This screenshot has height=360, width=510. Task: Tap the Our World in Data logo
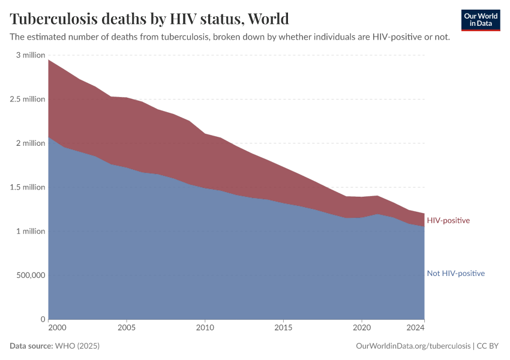(x=480, y=20)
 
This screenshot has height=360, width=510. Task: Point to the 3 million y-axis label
(x=30, y=55)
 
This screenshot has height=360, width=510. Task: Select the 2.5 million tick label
(x=28, y=99)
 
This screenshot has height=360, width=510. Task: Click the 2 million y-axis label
(x=30, y=143)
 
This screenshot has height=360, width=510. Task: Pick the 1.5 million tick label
(x=28, y=187)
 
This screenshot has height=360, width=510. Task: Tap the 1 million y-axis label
(x=30, y=232)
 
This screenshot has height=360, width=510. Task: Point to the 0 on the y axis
(x=43, y=319)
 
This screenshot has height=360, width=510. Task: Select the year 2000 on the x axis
(x=56, y=328)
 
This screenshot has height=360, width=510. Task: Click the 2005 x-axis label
(x=127, y=328)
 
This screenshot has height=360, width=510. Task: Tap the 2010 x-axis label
(x=205, y=328)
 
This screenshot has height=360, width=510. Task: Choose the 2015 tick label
(x=283, y=328)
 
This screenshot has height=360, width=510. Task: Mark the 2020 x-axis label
(x=362, y=328)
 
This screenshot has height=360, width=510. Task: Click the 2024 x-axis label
(x=416, y=328)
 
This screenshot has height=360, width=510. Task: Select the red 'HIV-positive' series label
(x=448, y=221)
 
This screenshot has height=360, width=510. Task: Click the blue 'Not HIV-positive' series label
(x=455, y=274)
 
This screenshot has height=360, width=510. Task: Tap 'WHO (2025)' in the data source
(x=77, y=346)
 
